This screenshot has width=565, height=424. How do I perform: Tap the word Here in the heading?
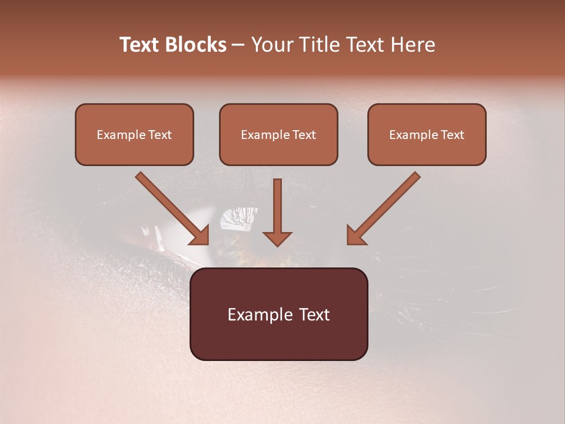pos(414,45)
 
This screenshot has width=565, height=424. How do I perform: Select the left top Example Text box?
pos(134,134)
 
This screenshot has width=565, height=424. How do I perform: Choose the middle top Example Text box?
pos(278,134)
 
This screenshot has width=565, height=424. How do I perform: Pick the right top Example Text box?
pos(427,134)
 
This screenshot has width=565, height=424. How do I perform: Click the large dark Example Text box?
pos(278,314)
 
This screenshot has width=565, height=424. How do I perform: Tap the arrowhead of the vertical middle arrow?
pos(277,237)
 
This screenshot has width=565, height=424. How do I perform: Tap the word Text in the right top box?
pos(453,134)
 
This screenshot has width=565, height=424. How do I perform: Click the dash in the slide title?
pos(238,45)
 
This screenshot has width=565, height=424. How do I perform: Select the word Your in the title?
pos(270,45)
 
